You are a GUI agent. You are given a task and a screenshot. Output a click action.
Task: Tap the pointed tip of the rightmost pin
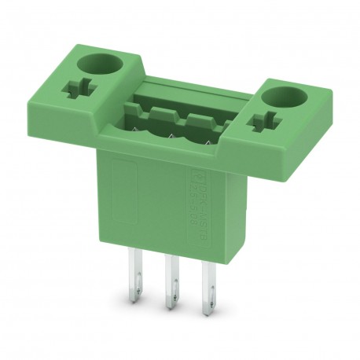209,308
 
